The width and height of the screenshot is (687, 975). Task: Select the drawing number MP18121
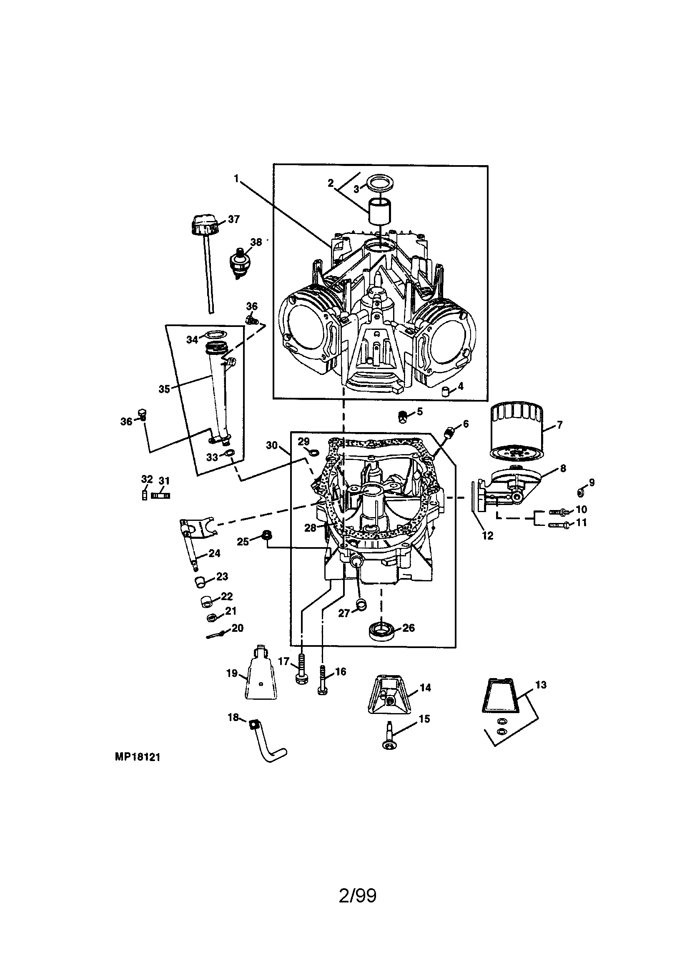pyautogui.click(x=137, y=757)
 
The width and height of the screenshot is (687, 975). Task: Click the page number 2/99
pyautogui.click(x=358, y=895)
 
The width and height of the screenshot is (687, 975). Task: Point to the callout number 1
pyautogui.click(x=236, y=178)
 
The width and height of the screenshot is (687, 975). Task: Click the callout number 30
pyautogui.click(x=271, y=445)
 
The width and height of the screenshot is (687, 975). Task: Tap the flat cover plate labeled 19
pyautogui.click(x=261, y=679)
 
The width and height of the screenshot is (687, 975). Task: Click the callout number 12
pyautogui.click(x=487, y=536)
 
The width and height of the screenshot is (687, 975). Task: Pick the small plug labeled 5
pyautogui.click(x=402, y=417)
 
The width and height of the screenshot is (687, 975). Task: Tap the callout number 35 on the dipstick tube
pyautogui.click(x=164, y=389)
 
